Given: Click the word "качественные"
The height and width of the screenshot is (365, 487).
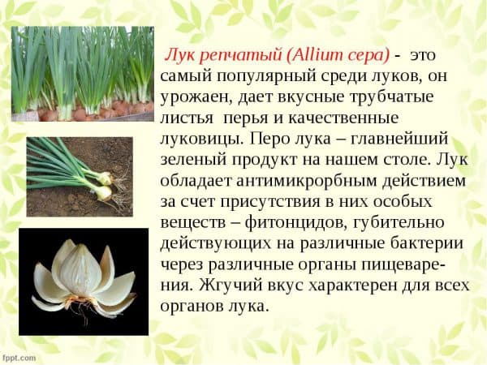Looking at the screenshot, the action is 343,118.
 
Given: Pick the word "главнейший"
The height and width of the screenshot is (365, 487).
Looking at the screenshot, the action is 399,139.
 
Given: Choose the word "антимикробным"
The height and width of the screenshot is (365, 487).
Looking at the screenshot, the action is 307,181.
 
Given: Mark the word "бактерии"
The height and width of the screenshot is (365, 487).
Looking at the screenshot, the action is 427,243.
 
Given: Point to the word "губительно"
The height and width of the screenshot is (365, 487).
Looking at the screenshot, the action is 399,223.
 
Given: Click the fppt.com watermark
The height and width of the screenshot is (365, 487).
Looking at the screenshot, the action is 19,358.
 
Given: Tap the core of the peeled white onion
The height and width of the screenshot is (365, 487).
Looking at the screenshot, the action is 80,269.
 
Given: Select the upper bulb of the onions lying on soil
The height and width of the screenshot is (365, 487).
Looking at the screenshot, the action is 105,178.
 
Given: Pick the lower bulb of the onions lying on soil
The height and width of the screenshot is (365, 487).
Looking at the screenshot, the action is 103,193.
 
